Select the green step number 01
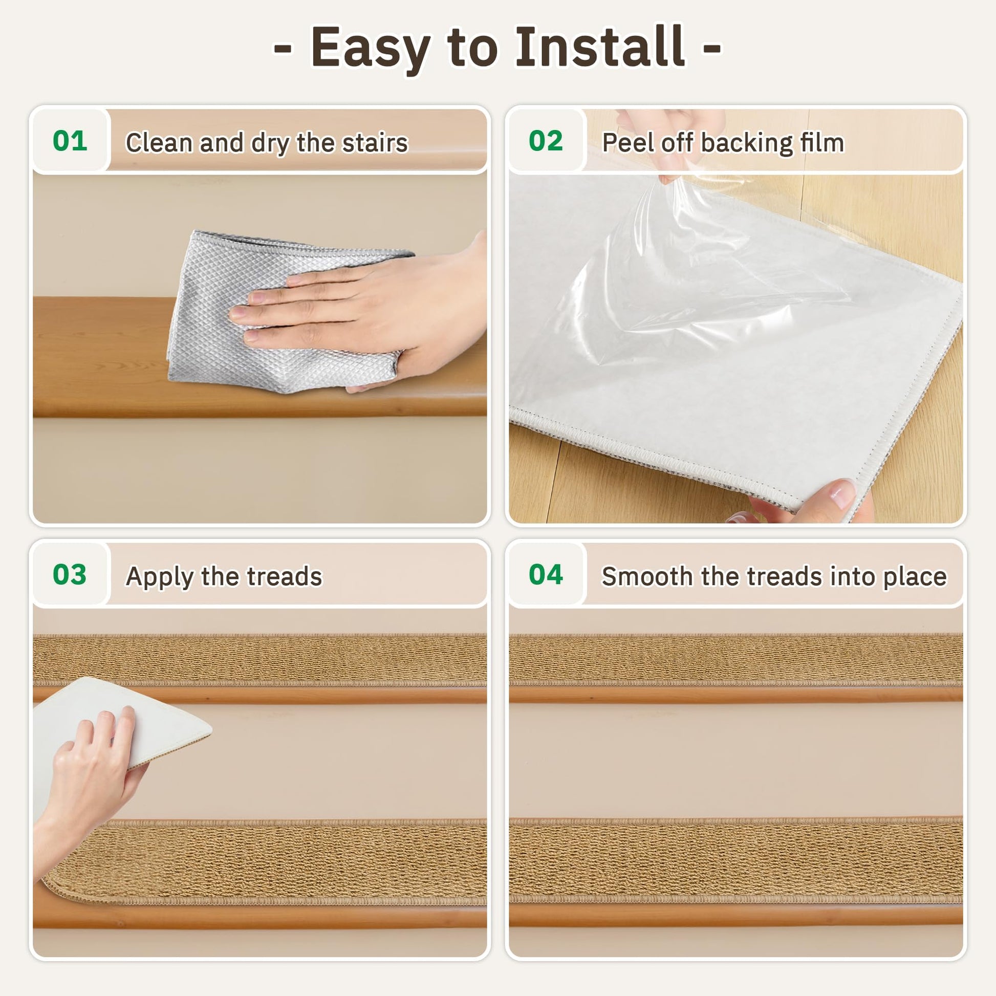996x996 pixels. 70,141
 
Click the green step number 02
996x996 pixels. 546,141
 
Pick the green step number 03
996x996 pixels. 70,574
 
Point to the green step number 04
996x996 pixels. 546,574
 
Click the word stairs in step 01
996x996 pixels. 375,143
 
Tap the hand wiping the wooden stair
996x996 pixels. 371,309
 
